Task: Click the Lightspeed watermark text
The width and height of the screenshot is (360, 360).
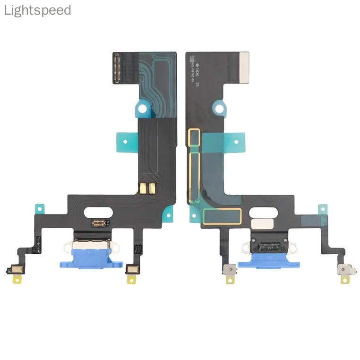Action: click(37, 10)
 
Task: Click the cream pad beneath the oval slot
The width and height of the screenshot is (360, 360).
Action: click(258, 222)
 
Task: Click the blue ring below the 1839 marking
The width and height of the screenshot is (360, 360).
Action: click(220, 108)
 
